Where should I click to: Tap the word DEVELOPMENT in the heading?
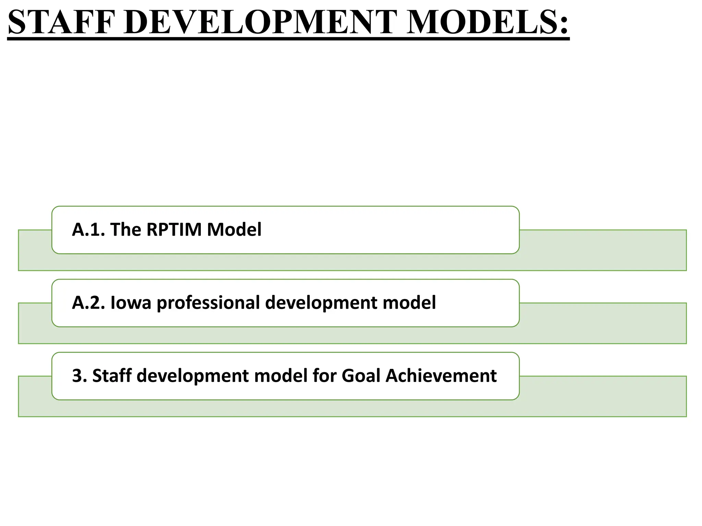point(260,23)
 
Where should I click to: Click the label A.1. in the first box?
point(88,230)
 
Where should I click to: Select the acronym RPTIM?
point(174,230)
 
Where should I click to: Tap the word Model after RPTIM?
point(234,230)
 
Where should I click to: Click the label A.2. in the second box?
point(88,303)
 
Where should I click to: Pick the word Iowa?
point(131,303)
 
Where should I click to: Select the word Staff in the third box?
point(112,376)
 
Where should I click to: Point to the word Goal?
point(361,376)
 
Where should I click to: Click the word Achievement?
point(441,376)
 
